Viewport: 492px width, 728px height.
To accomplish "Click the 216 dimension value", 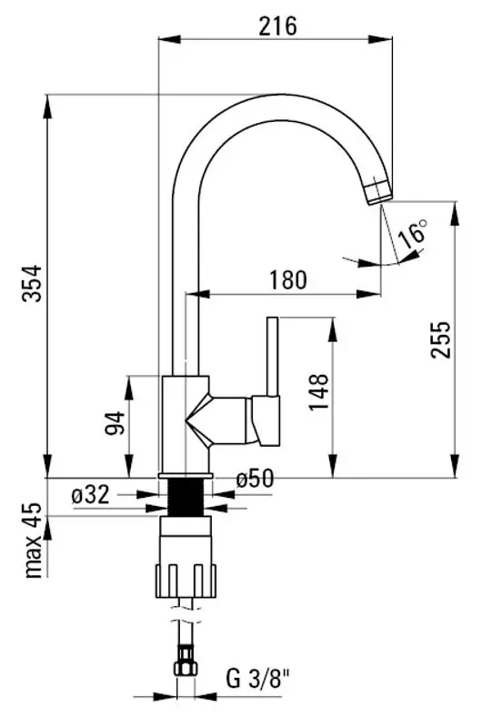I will point(278,25).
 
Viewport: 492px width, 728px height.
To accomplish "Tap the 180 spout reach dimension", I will point(287,280).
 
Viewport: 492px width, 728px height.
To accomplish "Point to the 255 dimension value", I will point(439,339).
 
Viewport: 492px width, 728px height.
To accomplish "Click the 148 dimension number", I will point(317,391).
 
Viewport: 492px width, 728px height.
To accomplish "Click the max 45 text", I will point(35,543).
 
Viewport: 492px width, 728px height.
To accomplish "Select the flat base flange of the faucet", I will point(186,476).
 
